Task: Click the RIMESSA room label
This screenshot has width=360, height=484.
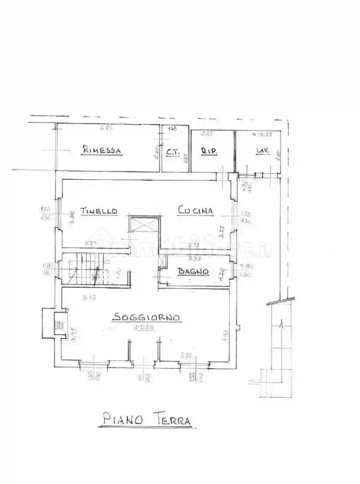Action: point(102,150)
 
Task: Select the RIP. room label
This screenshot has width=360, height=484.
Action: point(209,151)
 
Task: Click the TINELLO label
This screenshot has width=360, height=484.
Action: point(99,211)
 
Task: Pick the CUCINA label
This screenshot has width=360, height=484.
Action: point(195,211)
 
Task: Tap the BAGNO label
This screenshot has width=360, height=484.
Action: point(194,272)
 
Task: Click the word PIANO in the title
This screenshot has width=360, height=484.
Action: point(123,419)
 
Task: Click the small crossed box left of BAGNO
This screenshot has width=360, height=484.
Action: point(162,261)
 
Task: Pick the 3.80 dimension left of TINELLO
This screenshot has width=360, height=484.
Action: point(72,216)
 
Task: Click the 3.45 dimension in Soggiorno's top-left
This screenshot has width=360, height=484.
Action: point(89,297)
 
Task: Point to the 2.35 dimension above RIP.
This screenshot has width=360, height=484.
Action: point(207,134)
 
